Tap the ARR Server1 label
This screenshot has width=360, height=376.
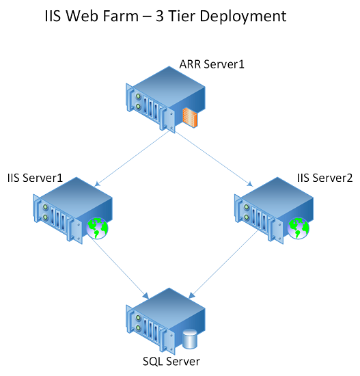click(212, 64)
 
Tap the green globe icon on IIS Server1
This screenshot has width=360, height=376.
click(97, 228)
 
